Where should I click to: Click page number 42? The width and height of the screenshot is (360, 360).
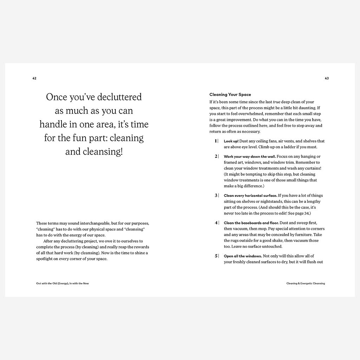(34, 78)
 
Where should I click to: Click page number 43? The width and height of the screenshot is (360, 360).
(327, 78)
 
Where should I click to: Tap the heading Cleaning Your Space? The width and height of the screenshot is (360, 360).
(230, 95)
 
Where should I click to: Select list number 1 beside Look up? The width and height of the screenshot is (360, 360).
(216, 141)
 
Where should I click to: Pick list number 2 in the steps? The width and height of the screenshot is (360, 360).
(216, 156)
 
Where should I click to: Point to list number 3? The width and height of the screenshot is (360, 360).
(216, 195)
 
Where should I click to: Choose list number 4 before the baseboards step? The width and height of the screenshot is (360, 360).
(216, 223)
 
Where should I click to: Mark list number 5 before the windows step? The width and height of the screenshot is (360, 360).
(216, 256)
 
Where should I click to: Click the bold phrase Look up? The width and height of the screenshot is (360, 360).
(231, 141)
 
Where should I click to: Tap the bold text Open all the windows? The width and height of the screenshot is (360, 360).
(243, 256)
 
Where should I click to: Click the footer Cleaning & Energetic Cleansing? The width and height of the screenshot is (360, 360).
(306, 283)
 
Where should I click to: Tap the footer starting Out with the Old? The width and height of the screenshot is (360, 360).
(63, 283)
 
